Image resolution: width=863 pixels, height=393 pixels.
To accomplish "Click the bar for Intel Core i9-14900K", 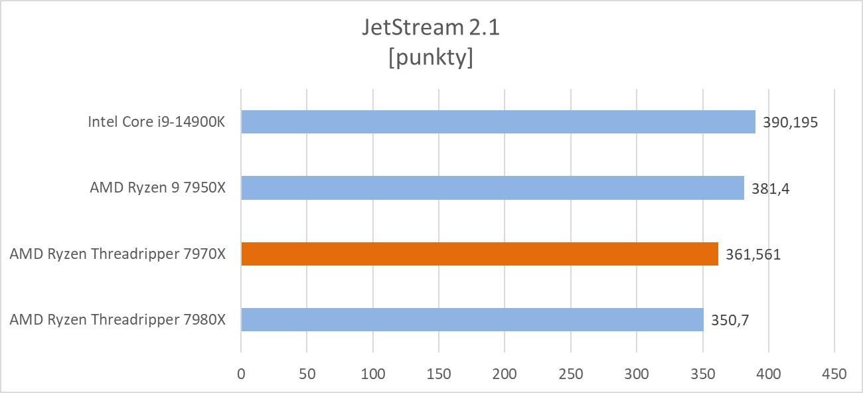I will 498,121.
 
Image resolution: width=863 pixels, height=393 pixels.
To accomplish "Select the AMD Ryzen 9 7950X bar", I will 493,188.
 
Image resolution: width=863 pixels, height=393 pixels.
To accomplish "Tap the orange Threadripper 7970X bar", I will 479,254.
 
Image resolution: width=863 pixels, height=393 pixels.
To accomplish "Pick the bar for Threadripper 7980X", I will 472,319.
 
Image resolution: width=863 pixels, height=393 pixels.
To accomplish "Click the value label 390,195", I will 789,122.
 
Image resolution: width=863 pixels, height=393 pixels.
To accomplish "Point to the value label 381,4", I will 770,188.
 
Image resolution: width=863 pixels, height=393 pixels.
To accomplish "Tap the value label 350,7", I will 730,320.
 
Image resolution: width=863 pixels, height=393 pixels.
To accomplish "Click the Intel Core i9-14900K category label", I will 157,122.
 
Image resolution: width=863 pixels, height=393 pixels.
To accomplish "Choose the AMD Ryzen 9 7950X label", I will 158,188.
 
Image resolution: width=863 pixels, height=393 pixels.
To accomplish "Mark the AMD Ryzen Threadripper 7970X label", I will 118,254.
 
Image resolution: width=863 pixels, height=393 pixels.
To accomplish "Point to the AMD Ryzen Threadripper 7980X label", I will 118,320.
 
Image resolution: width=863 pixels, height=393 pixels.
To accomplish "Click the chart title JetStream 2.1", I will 431,27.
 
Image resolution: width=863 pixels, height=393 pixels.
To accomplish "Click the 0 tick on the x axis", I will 241,374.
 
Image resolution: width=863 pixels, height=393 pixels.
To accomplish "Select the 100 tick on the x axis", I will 372,374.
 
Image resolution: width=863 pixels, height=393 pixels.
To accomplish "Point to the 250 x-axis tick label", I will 570,374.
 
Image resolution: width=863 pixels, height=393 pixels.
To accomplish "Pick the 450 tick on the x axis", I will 834,374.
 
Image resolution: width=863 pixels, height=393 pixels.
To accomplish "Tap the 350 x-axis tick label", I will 702,374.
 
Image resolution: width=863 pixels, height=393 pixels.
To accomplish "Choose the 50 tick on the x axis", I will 307,374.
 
